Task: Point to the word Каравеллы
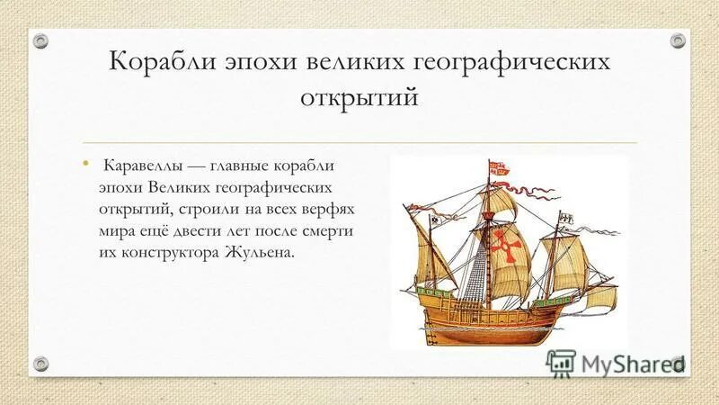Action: (x=144, y=167)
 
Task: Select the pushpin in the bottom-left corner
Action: (x=40, y=363)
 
